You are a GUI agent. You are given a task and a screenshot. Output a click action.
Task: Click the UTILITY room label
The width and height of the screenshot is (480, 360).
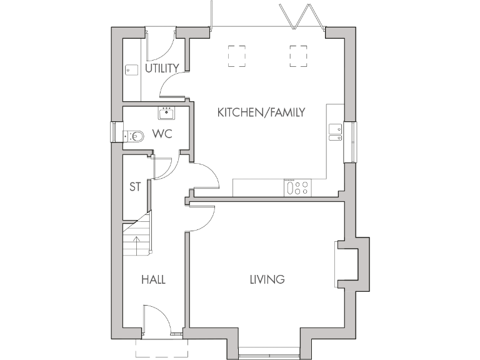coord(162,68)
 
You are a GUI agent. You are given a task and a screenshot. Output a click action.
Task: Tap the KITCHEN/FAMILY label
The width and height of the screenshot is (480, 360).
coord(261,112)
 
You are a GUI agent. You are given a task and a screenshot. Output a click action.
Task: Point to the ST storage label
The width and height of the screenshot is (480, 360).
coord(134,186)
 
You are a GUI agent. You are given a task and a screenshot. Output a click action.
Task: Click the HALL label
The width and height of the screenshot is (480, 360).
coord(153,279)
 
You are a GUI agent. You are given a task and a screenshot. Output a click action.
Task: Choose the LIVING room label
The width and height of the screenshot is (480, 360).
coord(267,279)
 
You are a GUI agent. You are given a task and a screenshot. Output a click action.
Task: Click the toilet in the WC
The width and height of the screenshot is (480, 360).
coord(134,135)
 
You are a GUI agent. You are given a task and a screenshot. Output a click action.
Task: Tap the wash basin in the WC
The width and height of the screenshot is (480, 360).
coord(166,113)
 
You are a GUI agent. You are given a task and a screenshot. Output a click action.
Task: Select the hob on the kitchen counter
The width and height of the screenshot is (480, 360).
coord(297,187)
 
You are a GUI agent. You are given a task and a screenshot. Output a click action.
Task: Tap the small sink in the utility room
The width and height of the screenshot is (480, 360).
coord(131,70)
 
